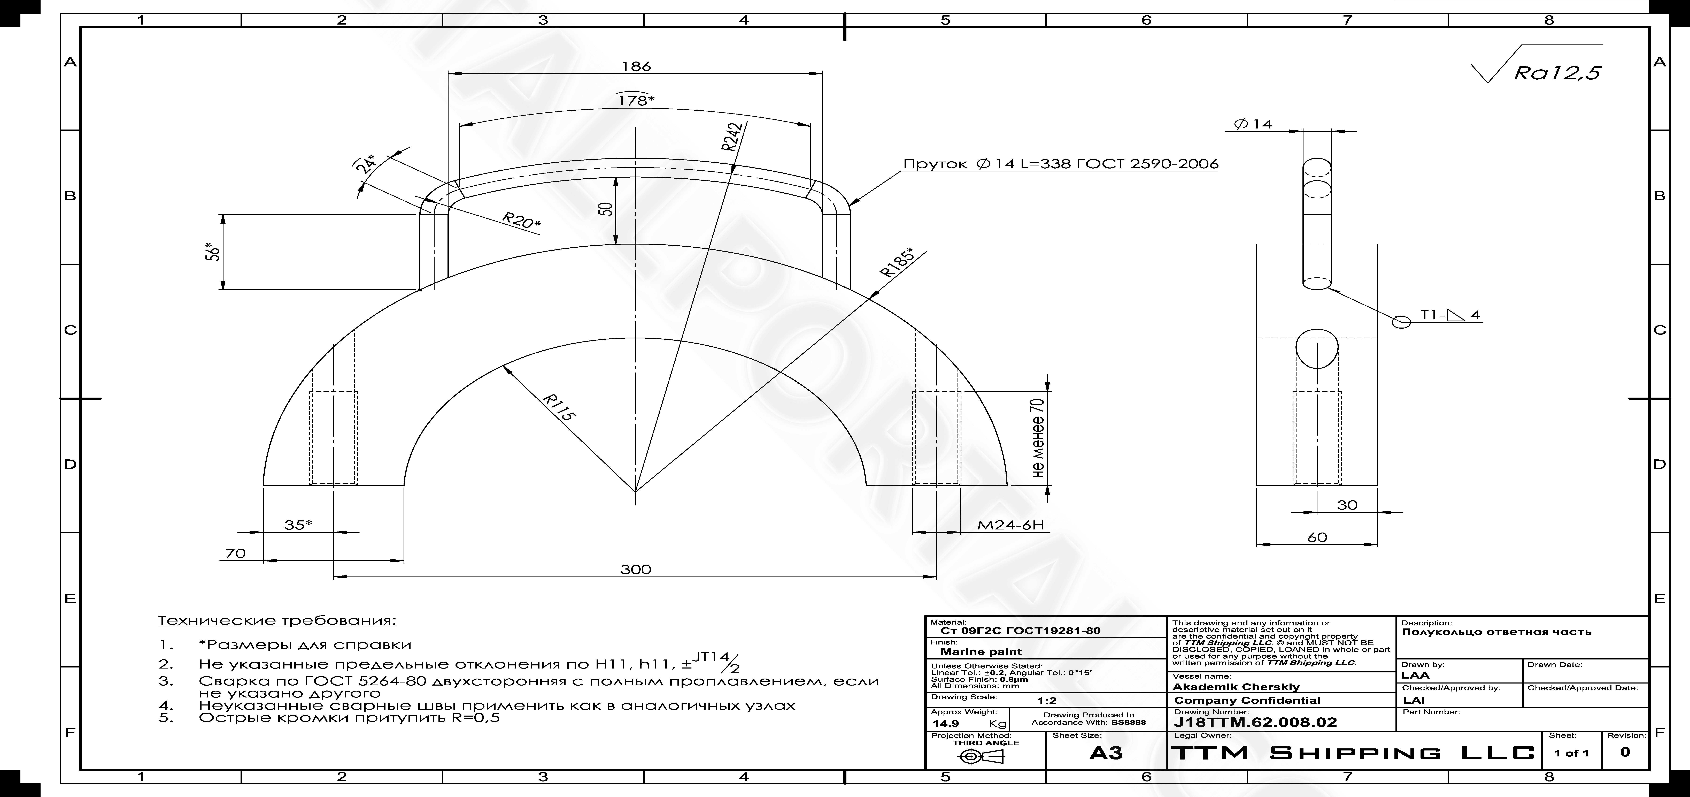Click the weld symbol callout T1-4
(x=1450, y=315)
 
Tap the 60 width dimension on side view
(x=1317, y=537)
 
